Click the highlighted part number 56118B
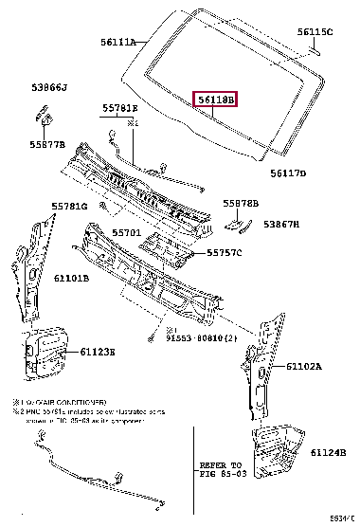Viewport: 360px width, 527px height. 217,100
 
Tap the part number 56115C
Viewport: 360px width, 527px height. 315,31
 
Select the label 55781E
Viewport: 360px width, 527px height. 120,109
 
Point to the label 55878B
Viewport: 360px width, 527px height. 242,203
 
